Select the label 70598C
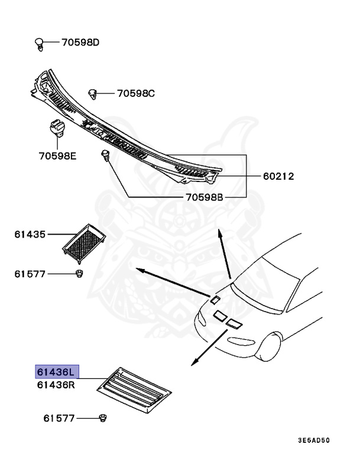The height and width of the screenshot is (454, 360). (x=135, y=93)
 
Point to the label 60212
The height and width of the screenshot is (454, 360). (x=278, y=176)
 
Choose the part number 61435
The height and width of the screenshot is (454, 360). (x=30, y=234)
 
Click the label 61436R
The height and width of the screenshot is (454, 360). (x=56, y=384)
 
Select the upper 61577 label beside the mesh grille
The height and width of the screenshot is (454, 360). (x=30, y=274)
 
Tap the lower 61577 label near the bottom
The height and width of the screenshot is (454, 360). (x=59, y=419)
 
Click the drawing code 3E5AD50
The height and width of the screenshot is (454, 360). (x=313, y=440)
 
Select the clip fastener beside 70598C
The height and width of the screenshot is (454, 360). (x=92, y=93)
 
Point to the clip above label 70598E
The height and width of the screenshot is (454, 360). (x=56, y=128)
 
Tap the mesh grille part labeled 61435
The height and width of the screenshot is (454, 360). (x=84, y=241)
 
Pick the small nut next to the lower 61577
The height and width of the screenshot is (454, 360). (x=103, y=419)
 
